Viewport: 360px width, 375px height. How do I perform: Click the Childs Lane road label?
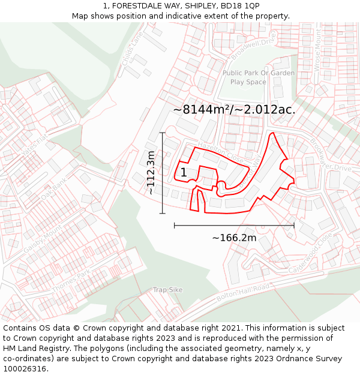(134, 41)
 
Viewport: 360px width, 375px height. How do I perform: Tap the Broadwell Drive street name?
(253, 46)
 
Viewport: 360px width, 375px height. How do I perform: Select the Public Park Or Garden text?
(259, 73)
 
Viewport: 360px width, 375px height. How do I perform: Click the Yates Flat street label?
(34, 145)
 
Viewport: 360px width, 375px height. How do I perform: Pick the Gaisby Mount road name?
(43, 238)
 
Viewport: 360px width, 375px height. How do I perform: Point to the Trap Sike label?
(167, 290)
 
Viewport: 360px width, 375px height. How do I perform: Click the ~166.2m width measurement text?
(234, 238)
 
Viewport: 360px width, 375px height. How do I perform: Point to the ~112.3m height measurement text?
(151, 173)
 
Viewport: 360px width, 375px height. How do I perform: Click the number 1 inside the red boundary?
(183, 173)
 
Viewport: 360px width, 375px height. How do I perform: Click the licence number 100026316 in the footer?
(25, 369)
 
